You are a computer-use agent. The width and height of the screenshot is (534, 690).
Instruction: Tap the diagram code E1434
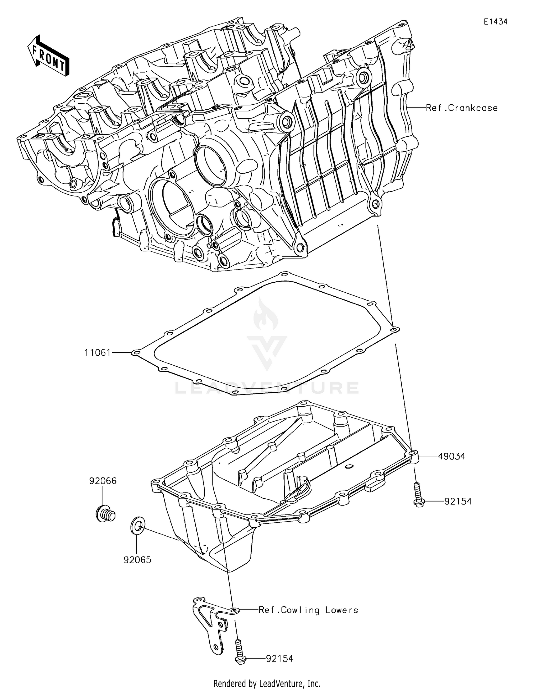click(495, 22)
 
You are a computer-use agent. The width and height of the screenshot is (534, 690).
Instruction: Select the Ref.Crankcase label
click(462, 108)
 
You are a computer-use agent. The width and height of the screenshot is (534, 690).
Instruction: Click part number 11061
click(98, 352)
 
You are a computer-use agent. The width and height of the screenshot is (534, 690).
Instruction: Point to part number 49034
click(451, 456)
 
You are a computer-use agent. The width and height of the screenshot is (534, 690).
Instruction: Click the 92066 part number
click(103, 481)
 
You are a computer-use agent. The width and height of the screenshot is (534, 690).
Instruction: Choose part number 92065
click(137, 560)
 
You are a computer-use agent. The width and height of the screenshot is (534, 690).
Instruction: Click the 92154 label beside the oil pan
click(458, 501)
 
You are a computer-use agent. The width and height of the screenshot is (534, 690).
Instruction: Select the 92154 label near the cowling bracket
click(279, 659)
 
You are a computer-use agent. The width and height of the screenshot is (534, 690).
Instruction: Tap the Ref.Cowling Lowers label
click(308, 610)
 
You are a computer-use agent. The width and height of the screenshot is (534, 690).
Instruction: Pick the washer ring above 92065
click(138, 526)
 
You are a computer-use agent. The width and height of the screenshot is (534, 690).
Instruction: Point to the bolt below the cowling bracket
click(240, 652)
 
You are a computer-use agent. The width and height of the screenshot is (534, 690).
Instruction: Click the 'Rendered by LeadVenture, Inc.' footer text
click(267, 683)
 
